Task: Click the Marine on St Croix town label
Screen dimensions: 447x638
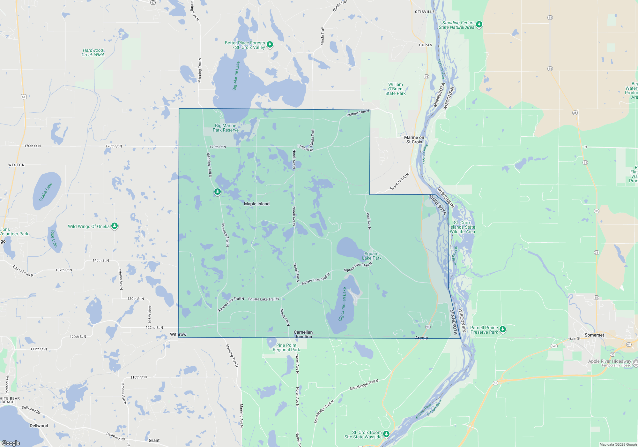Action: (x=414, y=140)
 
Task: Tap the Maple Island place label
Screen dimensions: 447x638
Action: (x=256, y=204)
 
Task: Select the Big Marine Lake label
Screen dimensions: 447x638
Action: (x=236, y=76)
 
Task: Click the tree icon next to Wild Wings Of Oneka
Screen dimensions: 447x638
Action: (x=115, y=226)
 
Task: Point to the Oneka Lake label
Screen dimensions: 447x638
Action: (x=46, y=192)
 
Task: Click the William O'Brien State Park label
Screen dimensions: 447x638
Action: (x=395, y=89)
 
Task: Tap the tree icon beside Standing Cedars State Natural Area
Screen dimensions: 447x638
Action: (x=479, y=25)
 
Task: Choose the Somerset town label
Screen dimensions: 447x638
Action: (x=594, y=335)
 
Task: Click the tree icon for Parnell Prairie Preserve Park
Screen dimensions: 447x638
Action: (x=502, y=329)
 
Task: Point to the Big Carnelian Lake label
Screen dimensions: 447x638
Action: (x=342, y=304)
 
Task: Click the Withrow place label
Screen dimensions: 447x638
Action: (x=178, y=334)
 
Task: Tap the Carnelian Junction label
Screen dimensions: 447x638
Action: (x=303, y=334)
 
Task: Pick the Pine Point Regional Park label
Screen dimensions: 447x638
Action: (x=286, y=347)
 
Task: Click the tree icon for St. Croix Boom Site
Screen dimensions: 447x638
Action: (x=386, y=434)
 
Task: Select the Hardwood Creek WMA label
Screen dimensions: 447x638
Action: (x=93, y=52)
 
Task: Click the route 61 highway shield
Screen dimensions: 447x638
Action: (x=24, y=97)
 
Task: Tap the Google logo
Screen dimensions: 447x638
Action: (x=11, y=443)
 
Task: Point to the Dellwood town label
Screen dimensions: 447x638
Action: (x=39, y=426)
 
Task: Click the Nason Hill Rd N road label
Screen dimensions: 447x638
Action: (x=399, y=182)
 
